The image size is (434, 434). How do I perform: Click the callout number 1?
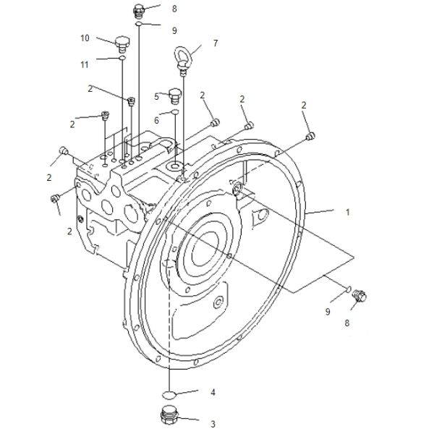pyautogui.click(x=348, y=212)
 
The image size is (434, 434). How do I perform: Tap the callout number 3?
pyautogui.click(x=213, y=424)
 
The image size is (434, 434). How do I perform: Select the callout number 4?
pyautogui.click(x=213, y=392)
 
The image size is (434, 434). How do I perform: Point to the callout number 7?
pyautogui.click(x=216, y=43)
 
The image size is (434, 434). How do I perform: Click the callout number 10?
pyautogui.click(x=85, y=38)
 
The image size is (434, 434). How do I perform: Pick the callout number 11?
pyautogui.click(x=85, y=64)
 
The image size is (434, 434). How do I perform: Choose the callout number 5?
pyautogui.click(x=157, y=97)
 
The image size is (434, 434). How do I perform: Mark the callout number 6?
pyautogui.click(x=157, y=120)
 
